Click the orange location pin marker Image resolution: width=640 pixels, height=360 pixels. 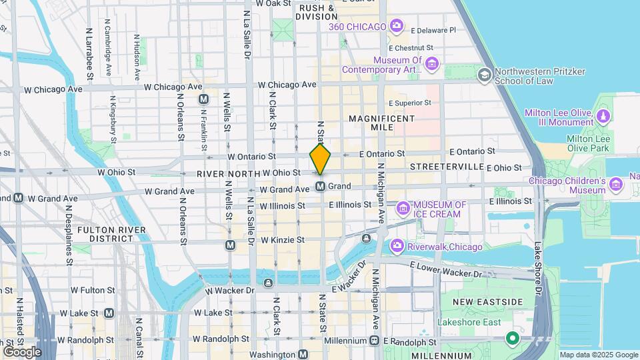(320, 159)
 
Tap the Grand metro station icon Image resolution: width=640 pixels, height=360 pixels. (320, 187)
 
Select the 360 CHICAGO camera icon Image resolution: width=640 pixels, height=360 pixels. (397, 26)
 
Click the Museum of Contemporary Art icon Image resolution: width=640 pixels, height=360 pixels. (432, 64)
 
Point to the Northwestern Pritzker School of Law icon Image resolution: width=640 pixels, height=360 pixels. (485, 75)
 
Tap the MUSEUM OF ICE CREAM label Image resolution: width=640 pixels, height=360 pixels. (437, 209)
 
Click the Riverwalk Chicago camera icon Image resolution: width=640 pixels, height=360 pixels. (397, 247)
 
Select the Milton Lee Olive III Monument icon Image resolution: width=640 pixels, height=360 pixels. (603, 117)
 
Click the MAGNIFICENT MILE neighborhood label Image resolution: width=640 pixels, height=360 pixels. (381, 123)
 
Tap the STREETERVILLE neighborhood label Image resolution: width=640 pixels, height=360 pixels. (446, 165)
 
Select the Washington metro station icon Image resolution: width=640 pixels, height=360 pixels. (303, 355)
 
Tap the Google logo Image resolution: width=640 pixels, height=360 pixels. (22, 351)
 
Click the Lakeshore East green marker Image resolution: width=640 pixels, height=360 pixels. (512, 339)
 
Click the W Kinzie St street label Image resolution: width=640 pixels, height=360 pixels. (282, 240)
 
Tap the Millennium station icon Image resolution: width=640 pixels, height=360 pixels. (374, 341)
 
